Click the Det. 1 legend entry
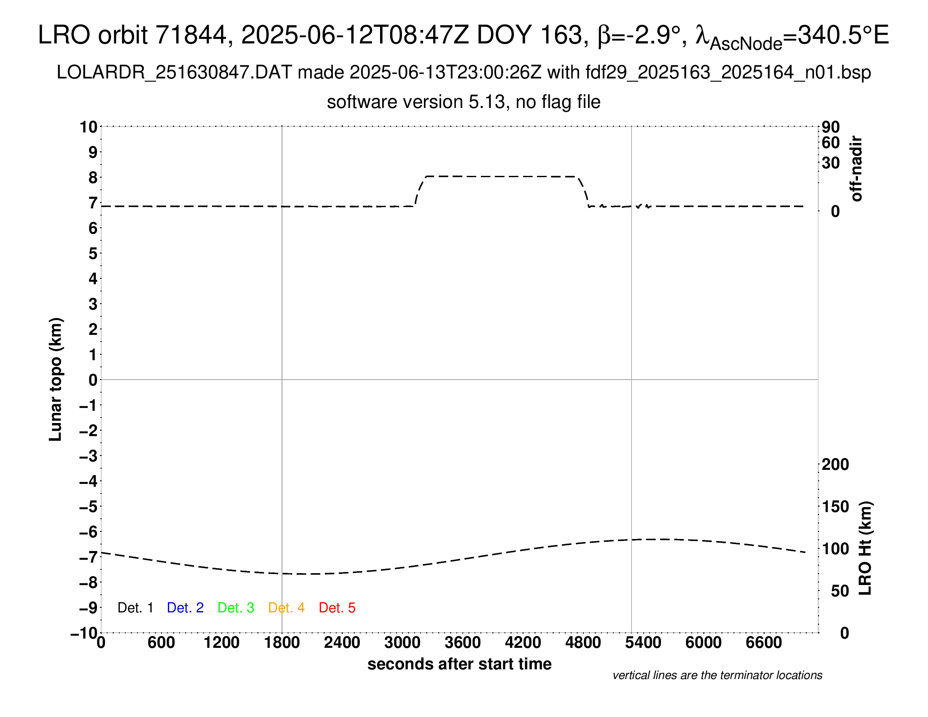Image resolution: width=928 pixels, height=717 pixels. (135, 608)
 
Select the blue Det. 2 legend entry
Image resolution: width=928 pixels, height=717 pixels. (185, 608)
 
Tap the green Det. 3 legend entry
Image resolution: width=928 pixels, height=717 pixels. (236, 608)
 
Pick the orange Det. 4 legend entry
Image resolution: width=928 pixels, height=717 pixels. (286, 608)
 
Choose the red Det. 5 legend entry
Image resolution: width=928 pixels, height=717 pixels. (337, 608)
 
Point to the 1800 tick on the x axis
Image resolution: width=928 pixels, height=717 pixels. (282, 642)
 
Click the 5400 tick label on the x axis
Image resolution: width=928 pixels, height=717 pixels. (643, 642)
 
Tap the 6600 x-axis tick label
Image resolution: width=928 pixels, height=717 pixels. (763, 642)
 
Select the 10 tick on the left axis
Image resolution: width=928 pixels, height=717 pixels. (89, 127)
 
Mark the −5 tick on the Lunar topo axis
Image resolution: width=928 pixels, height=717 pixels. (89, 507)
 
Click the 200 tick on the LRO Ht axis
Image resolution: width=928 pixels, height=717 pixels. (835, 464)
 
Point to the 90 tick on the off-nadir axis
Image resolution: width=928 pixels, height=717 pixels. (831, 127)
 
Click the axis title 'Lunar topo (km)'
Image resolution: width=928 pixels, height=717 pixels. (55, 379)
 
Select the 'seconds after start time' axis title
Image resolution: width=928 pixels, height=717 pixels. (459, 664)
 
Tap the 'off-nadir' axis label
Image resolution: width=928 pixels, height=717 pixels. (856, 169)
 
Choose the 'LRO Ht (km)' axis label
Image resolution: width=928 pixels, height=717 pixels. (865, 548)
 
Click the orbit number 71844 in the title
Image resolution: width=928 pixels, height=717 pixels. (191, 35)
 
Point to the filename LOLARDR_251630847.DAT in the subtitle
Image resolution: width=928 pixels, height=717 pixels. (174, 73)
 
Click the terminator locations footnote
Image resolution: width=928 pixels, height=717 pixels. (717, 675)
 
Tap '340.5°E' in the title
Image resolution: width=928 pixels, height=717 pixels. (844, 35)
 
